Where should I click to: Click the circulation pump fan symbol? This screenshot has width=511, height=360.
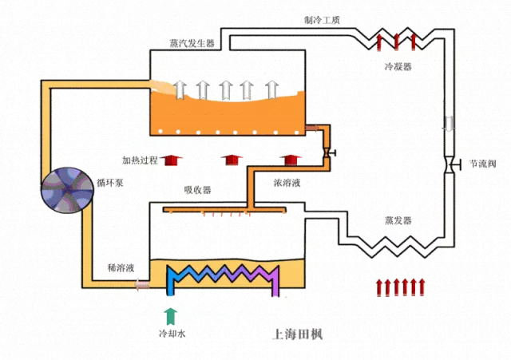[67, 190]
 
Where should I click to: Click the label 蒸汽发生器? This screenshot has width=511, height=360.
[192, 43]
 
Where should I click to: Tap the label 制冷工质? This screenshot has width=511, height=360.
[322, 19]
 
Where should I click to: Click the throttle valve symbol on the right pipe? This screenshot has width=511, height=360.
[451, 164]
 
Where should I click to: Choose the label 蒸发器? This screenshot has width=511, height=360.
[397, 220]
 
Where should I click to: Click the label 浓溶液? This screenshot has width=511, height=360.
[287, 183]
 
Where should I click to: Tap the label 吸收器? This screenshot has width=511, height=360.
[197, 189]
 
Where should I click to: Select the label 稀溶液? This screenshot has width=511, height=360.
[120, 268]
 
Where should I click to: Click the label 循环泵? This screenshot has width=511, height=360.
[110, 181]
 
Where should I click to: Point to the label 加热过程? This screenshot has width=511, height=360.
[140, 160]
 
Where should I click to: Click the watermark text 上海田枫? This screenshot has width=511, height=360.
[296, 331]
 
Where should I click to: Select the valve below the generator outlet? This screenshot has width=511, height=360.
[327, 152]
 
